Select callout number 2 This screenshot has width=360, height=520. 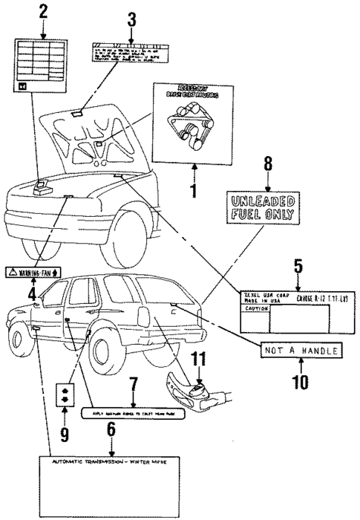(x=42, y=12)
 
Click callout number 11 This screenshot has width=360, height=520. (x=198, y=360)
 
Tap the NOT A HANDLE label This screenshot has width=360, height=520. (x=301, y=350)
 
